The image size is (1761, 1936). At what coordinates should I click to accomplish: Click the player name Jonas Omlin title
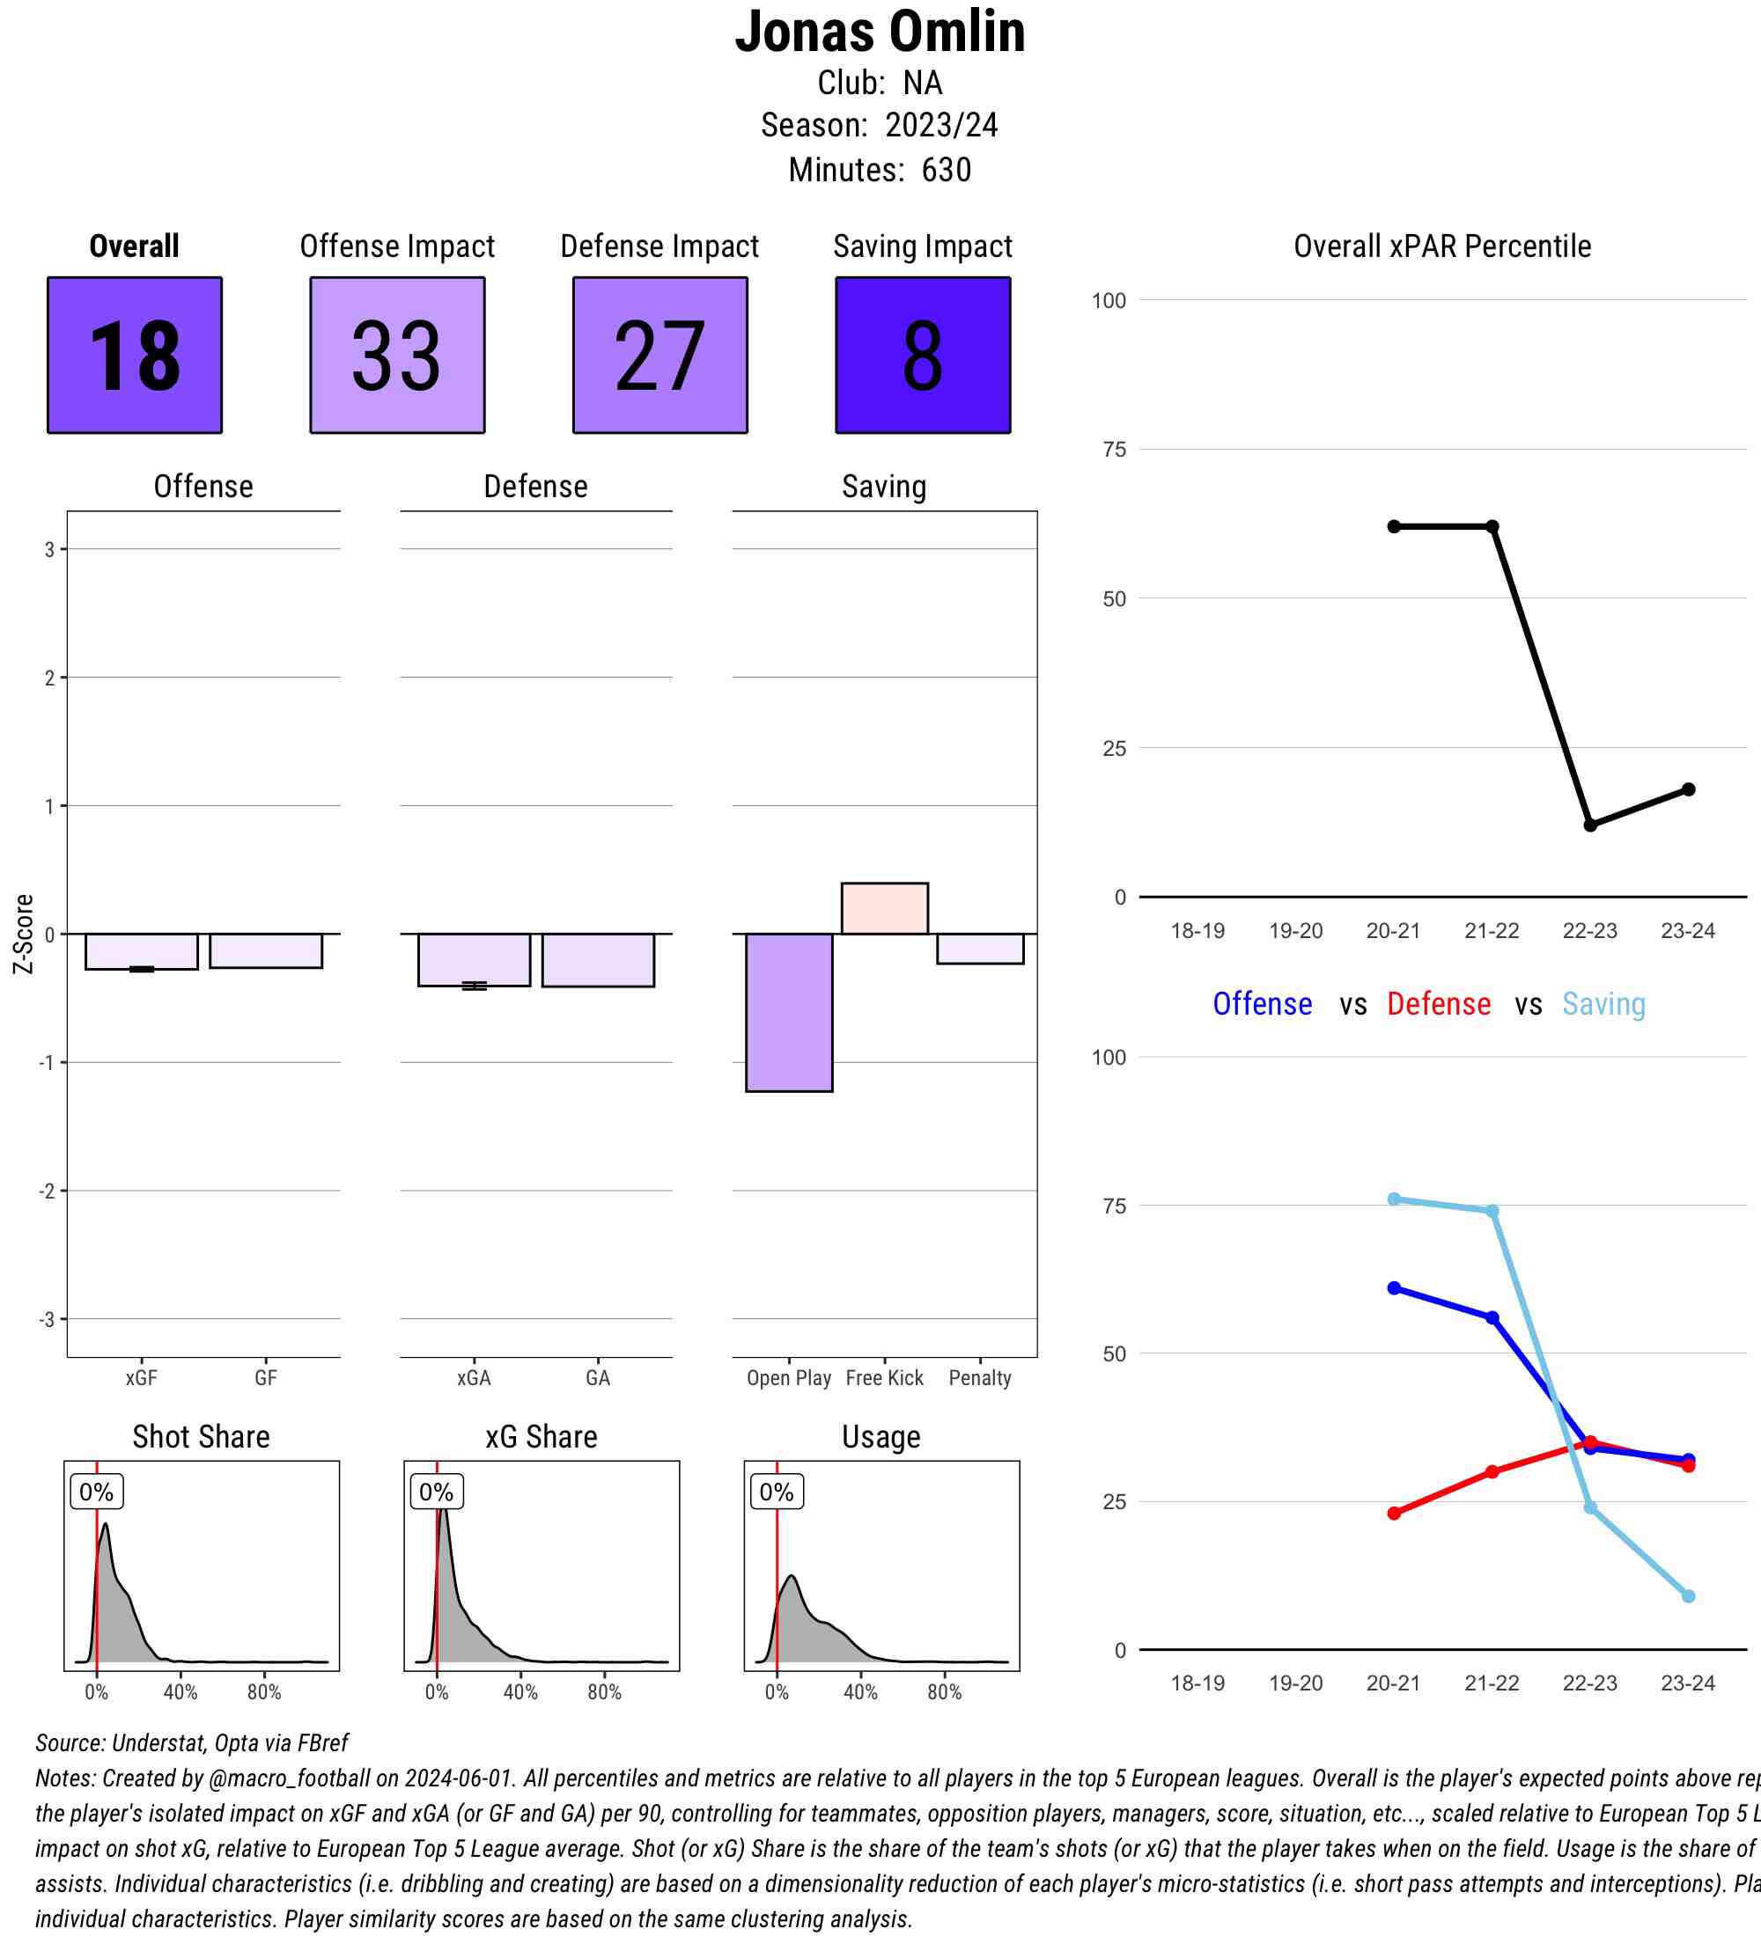pyautogui.click(x=879, y=32)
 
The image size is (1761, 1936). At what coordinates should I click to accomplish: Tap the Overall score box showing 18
pyautogui.click(x=135, y=356)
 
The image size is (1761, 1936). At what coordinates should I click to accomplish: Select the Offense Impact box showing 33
pyautogui.click(x=397, y=356)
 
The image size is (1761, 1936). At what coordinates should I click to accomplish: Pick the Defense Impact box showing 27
pyautogui.click(x=660, y=356)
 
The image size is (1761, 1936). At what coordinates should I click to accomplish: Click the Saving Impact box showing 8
pyautogui.click(x=922, y=356)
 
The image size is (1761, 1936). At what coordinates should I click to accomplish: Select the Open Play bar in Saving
pyautogui.click(x=789, y=1012)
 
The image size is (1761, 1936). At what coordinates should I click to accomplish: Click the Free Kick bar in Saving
pyautogui.click(x=884, y=908)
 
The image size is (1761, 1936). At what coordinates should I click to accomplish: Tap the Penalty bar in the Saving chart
pyautogui.click(x=980, y=949)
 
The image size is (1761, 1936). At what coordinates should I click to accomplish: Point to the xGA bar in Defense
pyautogui.click(x=474, y=959)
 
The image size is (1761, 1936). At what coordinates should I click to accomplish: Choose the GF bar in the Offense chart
pyautogui.click(x=265, y=950)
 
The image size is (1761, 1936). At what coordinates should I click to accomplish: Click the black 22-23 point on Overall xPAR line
pyautogui.click(x=1590, y=825)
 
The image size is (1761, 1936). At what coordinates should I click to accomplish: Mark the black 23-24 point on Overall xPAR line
pyautogui.click(x=1688, y=789)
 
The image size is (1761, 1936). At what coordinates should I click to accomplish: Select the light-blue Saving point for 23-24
pyautogui.click(x=1688, y=1596)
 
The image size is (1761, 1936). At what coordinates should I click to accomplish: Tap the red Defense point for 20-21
pyautogui.click(x=1394, y=1514)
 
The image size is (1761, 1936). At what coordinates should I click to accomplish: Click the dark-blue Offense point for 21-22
pyautogui.click(x=1492, y=1317)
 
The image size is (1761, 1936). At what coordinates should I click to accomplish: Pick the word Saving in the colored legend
pyautogui.click(x=1603, y=1004)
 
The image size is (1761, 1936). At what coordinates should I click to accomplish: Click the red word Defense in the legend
pyautogui.click(x=1438, y=1004)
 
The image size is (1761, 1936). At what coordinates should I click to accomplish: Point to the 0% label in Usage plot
pyautogui.click(x=777, y=1492)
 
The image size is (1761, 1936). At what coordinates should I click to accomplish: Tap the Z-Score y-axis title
pyautogui.click(x=24, y=934)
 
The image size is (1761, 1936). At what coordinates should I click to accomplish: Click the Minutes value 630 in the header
pyautogui.click(x=947, y=170)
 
